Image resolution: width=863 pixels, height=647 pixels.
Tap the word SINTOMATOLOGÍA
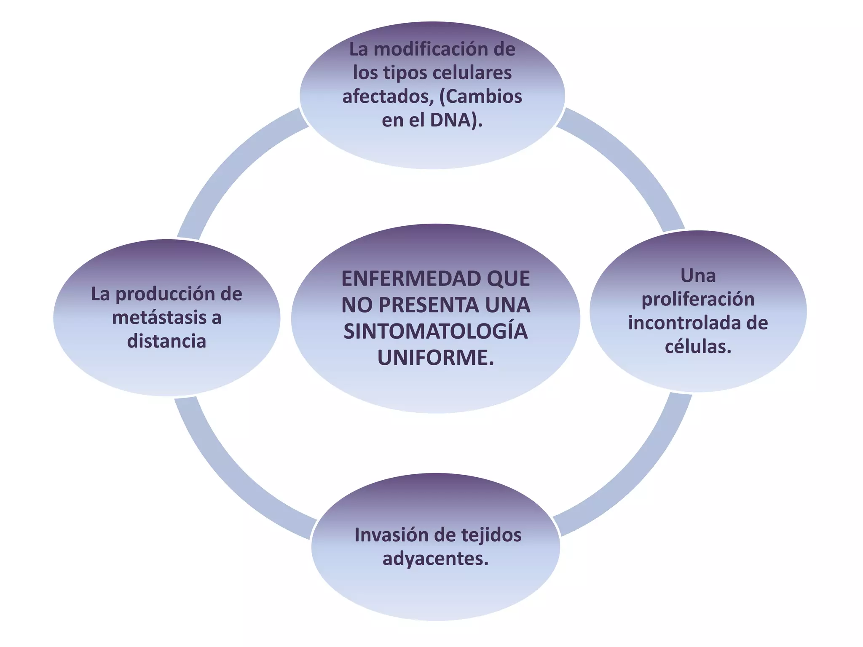[435, 332]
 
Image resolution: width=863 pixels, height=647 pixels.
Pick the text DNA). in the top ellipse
[456, 120]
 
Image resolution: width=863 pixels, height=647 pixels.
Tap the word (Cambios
[480, 96]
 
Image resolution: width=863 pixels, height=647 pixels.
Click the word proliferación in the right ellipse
[698, 299]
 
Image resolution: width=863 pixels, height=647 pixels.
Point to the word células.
[698, 347]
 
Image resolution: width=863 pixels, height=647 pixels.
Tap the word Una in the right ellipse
[698, 276]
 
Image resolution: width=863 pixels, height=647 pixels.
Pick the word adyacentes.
[435, 559]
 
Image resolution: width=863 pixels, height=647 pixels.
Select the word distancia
[166, 341]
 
